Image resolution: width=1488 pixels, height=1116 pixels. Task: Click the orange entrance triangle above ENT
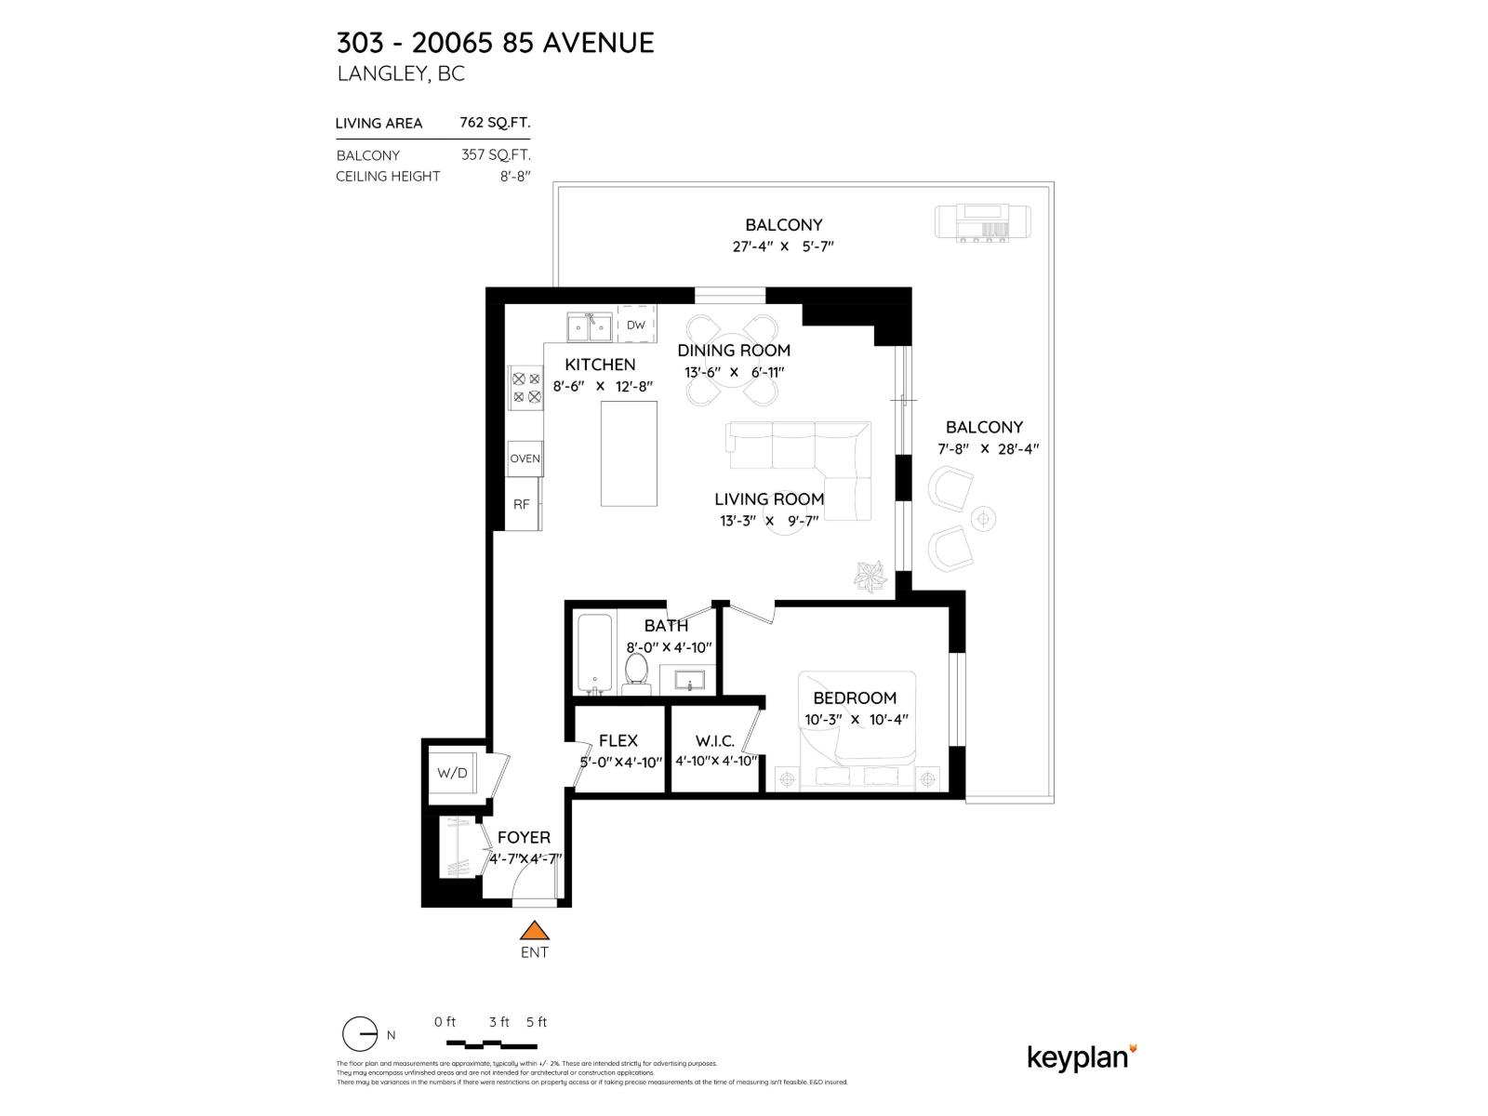click(x=534, y=931)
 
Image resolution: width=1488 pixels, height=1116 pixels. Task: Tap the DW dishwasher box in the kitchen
click(x=636, y=325)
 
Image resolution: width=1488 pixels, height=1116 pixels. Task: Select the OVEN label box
click(x=525, y=458)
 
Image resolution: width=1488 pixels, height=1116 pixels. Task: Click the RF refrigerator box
click(x=522, y=504)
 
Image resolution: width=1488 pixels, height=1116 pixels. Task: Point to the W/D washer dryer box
click(x=453, y=773)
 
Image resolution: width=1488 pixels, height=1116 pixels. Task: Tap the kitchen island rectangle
click(x=629, y=454)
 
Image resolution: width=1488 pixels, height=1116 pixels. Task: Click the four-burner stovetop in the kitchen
click(x=525, y=388)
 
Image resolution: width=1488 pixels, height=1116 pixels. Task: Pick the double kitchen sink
click(x=590, y=327)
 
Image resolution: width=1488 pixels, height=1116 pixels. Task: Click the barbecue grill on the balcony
click(x=982, y=223)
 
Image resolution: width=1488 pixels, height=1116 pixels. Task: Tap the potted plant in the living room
click(x=872, y=575)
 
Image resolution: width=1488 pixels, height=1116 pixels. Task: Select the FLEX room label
click(x=618, y=740)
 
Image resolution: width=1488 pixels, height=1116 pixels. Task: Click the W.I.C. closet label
click(x=715, y=741)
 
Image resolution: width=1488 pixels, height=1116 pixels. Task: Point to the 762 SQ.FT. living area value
click(x=495, y=123)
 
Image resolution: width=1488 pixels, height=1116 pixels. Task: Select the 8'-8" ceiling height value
click(x=515, y=176)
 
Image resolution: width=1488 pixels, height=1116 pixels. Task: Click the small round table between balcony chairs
click(x=983, y=517)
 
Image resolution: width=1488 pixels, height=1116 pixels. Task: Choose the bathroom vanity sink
click(x=689, y=679)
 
